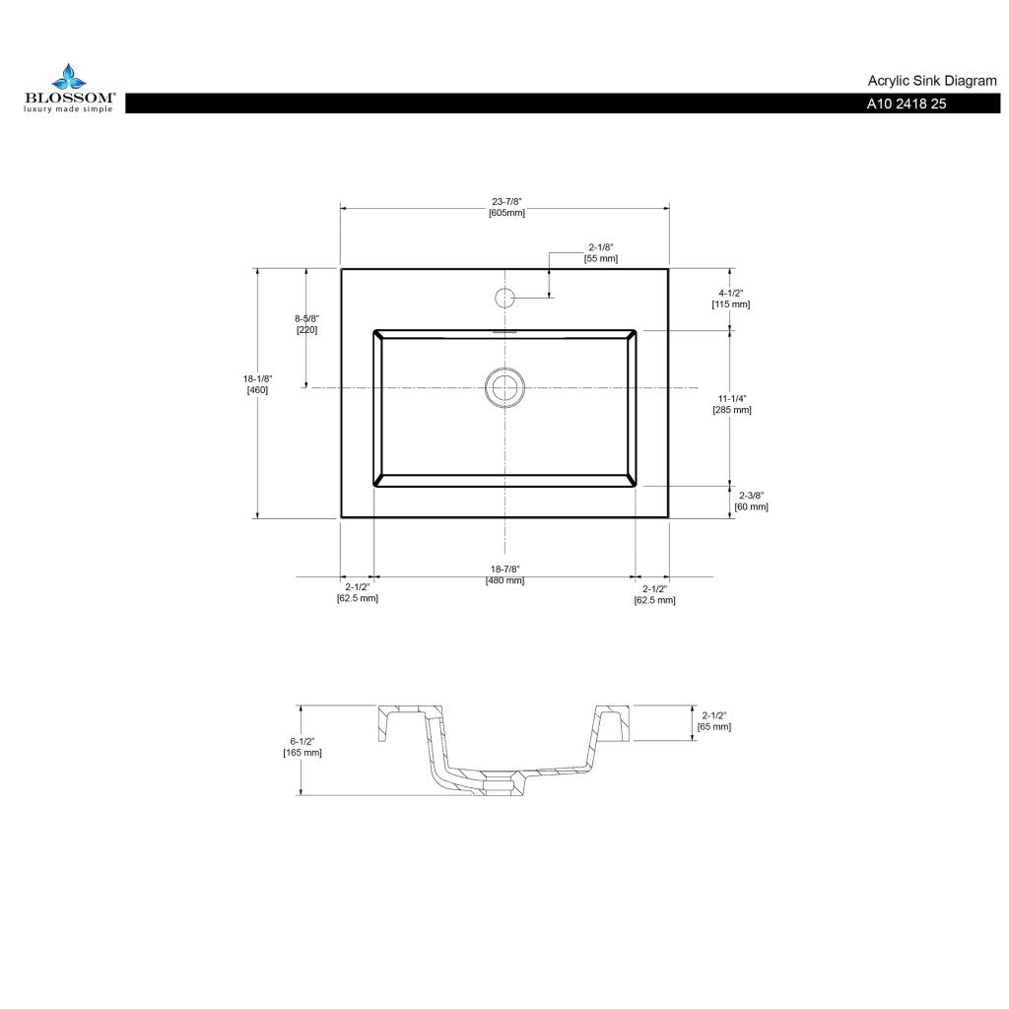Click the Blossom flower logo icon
[69, 77]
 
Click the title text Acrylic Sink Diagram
[932, 81]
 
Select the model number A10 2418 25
[907, 103]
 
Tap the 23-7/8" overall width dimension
[506, 207]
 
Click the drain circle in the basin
[505, 387]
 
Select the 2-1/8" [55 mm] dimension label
[601, 253]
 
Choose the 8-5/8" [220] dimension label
[307, 324]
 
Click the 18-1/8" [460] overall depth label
[257, 384]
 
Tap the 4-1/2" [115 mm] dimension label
[731, 299]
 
